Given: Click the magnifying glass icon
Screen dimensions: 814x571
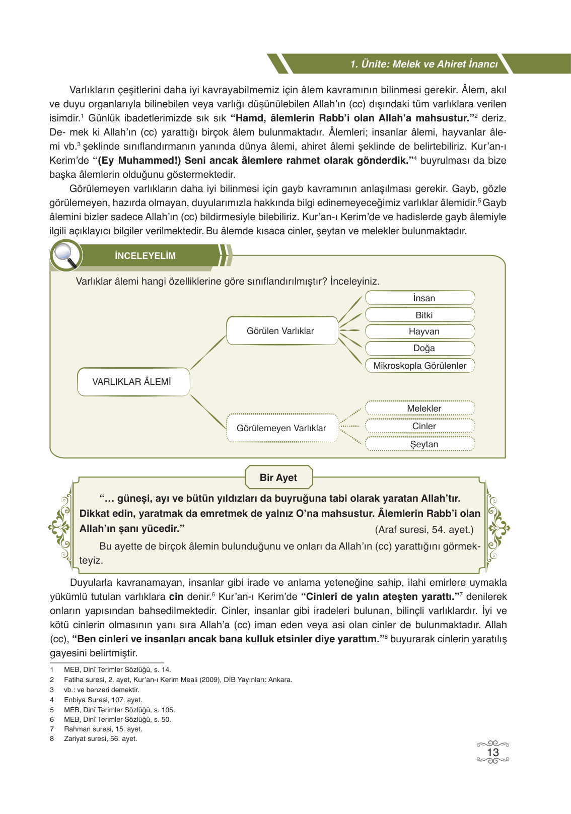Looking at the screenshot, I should click(x=66, y=255).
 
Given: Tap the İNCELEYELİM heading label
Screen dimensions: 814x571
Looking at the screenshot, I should click(x=145, y=256).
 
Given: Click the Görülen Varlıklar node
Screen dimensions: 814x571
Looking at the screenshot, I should click(x=281, y=331).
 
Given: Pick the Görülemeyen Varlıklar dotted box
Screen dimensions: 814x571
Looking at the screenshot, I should click(x=281, y=428).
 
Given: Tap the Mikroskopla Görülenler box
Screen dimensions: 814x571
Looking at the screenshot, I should click(x=420, y=366).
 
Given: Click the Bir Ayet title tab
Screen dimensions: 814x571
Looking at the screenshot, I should click(x=278, y=478).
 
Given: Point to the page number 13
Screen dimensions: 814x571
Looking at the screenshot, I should click(x=492, y=753).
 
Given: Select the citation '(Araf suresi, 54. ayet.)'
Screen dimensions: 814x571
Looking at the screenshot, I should click(x=424, y=529).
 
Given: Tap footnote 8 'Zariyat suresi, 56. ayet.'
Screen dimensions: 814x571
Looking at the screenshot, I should click(x=100, y=739).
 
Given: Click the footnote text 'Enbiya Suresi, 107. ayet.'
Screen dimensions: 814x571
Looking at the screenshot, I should click(x=103, y=700).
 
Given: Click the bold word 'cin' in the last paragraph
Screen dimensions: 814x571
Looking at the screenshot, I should click(x=176, y=597).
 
